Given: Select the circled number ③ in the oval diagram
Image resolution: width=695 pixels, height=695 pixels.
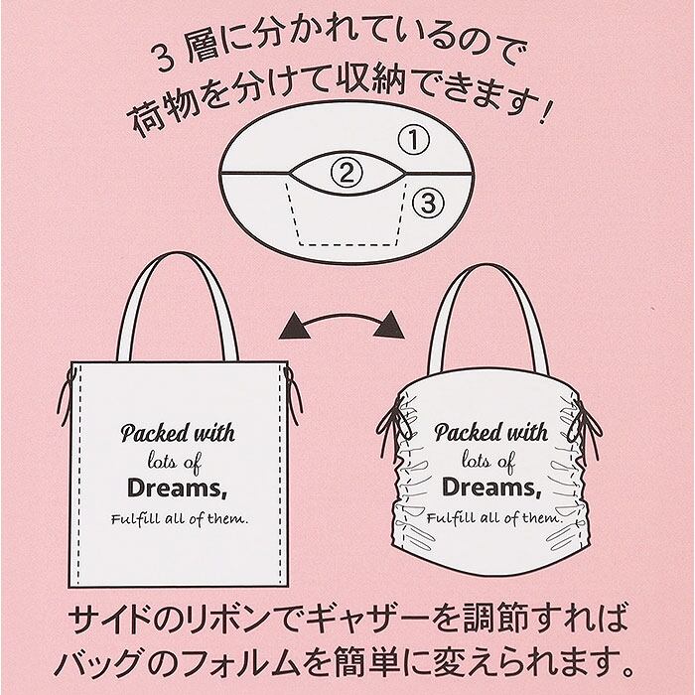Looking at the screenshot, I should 425,204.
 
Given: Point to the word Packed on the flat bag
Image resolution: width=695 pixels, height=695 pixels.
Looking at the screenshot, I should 149,434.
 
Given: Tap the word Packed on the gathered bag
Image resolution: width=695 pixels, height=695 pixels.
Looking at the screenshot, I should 463,434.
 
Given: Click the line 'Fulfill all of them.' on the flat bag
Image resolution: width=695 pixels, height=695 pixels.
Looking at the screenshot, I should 178,520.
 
